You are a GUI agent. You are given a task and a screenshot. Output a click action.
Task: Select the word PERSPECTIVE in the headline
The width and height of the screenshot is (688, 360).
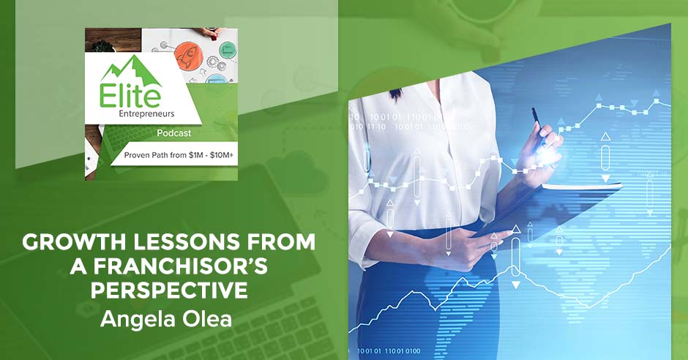point(169,290)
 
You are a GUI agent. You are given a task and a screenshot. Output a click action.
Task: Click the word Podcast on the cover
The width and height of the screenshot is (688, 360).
point(174,133)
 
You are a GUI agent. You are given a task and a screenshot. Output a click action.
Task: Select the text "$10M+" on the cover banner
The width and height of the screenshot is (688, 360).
point(222,155)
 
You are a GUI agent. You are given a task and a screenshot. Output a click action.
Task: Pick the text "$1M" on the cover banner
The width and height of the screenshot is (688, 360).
point(195,155)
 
